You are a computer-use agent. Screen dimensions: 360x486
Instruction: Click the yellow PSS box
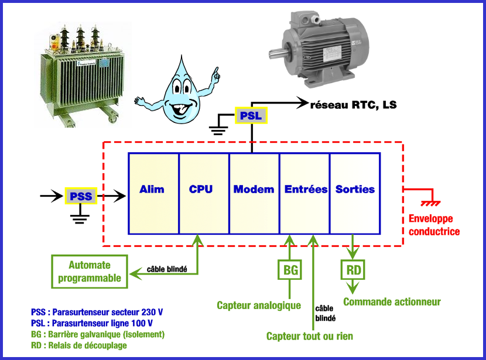[81, 196]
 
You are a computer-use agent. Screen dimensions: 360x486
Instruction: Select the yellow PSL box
[251, 115]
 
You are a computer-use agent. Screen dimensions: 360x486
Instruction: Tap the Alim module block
[153, 193]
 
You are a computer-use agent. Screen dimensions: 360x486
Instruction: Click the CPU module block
[203, 193]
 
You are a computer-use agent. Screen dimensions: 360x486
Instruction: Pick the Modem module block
[254, 193]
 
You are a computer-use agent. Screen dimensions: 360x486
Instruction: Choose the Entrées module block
[304, 193]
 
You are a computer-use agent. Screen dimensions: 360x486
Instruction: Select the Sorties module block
[355, 193]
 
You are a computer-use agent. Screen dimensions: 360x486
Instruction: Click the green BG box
[290, 270]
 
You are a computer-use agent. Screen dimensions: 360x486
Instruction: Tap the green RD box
[353, 270]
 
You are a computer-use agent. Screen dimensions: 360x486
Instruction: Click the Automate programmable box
[90, 271]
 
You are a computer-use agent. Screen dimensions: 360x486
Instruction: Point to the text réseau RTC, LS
[353, 105]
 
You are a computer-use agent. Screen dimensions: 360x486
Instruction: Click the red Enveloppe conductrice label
[434, 225]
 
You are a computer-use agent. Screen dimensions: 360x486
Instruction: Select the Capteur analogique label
[259, 305]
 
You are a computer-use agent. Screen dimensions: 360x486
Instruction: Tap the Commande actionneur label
[392, 302]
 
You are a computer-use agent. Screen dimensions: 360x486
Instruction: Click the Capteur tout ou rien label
[310, 337]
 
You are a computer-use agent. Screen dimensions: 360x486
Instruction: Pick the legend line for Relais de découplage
[79, 345]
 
